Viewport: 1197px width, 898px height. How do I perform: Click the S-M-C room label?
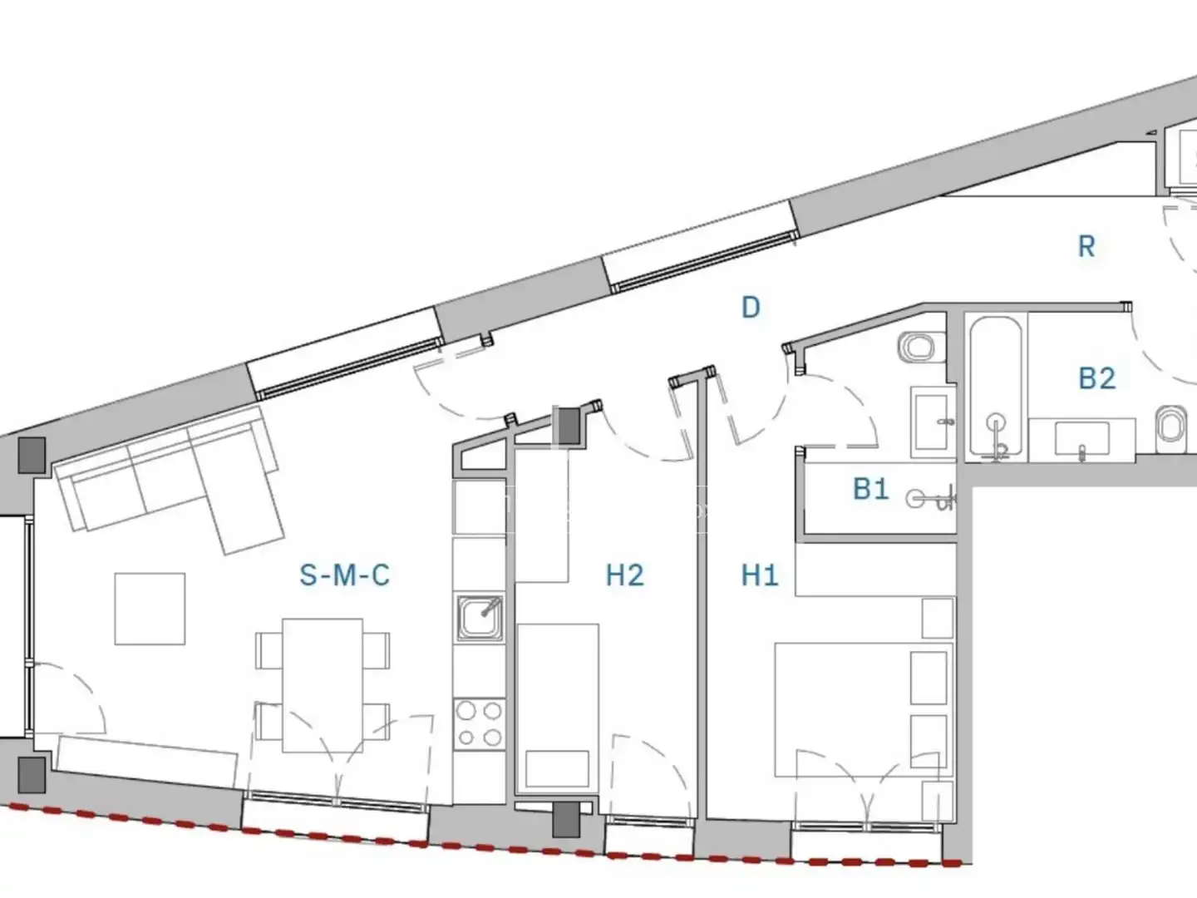345,575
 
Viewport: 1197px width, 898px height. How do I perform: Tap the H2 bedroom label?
625,575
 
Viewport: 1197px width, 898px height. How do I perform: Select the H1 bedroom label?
760,575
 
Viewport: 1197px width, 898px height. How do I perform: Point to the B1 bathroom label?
871,489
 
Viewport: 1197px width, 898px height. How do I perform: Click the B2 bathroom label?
1097,378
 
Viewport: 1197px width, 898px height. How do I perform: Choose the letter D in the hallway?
751,308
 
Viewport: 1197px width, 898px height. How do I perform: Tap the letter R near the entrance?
1086,246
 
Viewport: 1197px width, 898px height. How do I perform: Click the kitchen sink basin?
480,618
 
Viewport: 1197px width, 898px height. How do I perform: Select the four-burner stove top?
480,724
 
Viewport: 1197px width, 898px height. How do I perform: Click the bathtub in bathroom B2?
996,388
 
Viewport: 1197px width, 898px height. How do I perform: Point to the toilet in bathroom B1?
922,348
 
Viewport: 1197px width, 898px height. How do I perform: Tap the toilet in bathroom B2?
1171,424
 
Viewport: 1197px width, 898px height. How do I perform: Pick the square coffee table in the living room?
150,609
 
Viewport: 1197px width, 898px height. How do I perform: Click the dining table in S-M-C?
323,685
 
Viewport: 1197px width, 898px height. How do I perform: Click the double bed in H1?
864,709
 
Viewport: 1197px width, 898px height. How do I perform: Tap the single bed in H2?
557,708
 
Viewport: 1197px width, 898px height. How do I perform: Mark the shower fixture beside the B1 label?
932,498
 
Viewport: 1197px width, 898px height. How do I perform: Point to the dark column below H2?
566,819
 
